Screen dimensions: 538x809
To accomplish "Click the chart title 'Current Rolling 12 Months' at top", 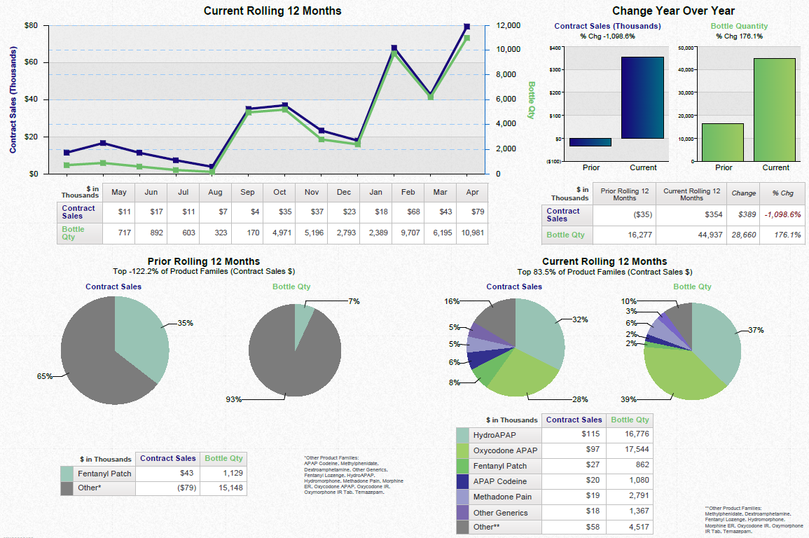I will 272,11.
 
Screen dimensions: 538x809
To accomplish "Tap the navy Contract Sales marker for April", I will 466,27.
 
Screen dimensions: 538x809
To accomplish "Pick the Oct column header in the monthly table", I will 279,193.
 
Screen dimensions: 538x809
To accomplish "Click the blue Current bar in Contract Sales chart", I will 642,97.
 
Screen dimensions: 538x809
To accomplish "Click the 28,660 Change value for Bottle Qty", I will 743,235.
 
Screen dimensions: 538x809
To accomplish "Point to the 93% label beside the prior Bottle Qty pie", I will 233,399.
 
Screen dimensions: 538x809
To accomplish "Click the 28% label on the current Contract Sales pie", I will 579,399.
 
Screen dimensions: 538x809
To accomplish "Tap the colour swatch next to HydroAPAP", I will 462,435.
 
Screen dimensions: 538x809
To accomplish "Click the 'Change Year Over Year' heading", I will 672,11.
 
